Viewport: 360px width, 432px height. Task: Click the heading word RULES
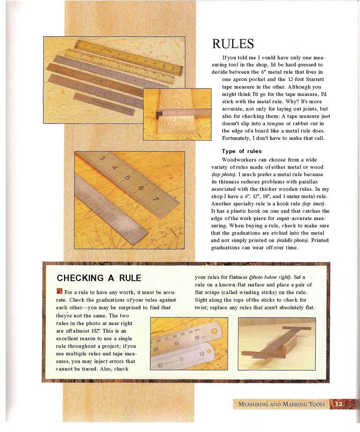click(x=233, y=44)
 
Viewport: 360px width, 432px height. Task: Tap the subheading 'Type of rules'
click(x=242, y=151)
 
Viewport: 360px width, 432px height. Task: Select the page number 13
click(x=339, y=404)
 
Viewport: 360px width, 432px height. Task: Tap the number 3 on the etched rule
click(x=102, y=159)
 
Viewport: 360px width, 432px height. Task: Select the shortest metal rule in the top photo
click(x=104, y=105)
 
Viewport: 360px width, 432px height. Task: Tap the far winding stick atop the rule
click(x=296, y=329)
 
